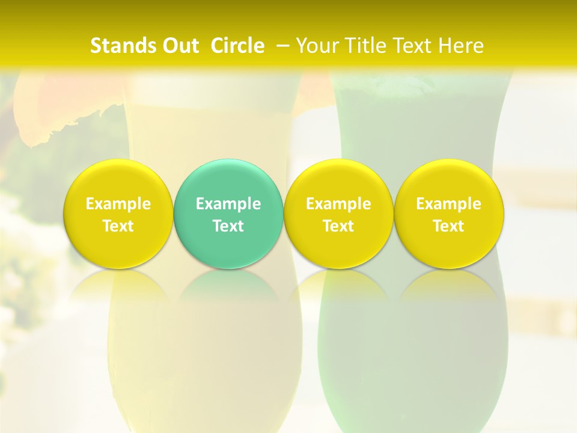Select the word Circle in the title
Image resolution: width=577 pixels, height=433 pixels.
tap(237, 46)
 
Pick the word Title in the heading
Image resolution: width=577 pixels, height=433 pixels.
tap(365, 46)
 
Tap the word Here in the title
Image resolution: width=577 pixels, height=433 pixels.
tap(460, 46)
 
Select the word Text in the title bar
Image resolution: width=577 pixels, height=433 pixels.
tap(413, 46)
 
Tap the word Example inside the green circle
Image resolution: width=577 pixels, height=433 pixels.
tap(228, 204)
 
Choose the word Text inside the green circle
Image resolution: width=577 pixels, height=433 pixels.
tap(228, 226)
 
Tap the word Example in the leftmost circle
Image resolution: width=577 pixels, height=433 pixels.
tap(118, 204)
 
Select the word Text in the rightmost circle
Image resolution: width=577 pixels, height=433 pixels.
tap(448, 226)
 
